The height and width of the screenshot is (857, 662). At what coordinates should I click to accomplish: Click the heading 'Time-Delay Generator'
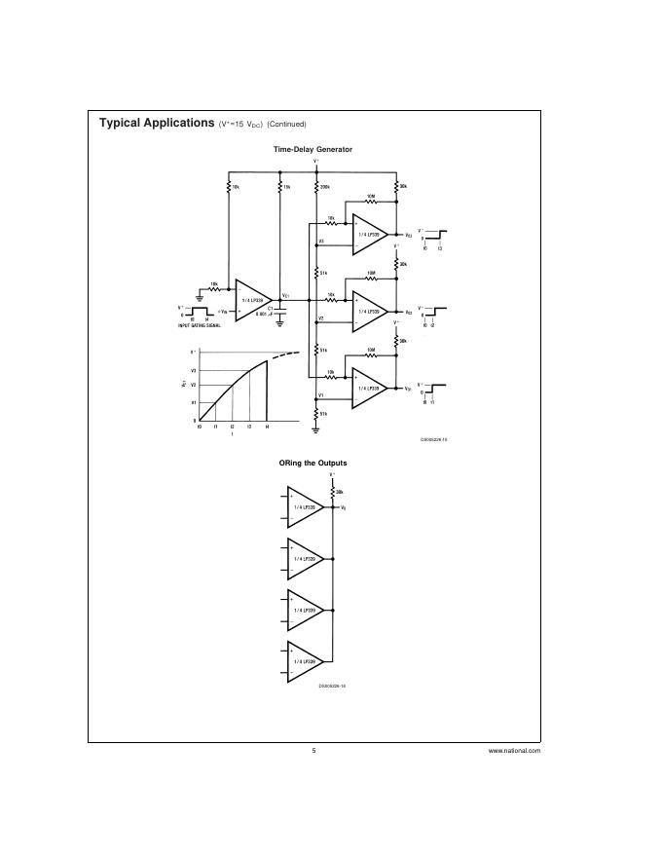point(313,149)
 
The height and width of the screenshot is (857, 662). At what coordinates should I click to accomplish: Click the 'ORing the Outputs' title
point(313,463)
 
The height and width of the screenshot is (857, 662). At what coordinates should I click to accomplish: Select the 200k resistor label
point(325,186)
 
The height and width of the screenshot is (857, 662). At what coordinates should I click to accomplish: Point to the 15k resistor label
point(287,186)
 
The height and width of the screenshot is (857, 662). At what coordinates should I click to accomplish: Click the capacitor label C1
point(271,307)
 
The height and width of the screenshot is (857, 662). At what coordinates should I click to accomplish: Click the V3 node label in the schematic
point(320,241)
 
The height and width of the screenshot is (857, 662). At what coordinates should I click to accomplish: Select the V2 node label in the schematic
point(320,318)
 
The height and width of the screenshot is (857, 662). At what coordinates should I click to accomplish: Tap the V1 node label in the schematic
point(320,395)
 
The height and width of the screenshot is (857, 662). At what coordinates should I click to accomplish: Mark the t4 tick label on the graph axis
point(267,428)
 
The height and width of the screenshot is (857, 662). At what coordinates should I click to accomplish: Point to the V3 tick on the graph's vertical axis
point(194,371)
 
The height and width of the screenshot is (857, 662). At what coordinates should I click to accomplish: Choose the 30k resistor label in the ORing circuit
point(340,492)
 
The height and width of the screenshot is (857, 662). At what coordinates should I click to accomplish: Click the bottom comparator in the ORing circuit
point(305,662)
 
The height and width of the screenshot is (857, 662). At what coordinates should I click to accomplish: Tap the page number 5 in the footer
point(314,751)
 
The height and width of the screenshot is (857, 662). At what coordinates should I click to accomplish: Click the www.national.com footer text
point(514,751)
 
